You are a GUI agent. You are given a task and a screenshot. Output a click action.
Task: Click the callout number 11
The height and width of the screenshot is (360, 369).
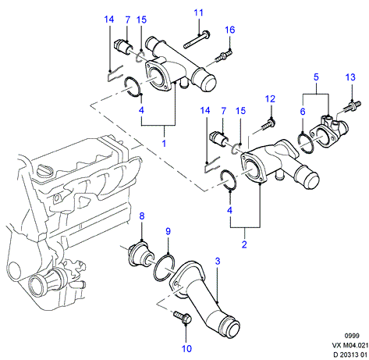pyautogui.click(x=198, y=12)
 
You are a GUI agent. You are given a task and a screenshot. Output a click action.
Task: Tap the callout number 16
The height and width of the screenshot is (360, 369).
pyautogui.click(x=230, y=30)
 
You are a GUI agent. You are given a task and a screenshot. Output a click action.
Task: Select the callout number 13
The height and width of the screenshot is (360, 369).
pyautogui.click(x=350, y=77)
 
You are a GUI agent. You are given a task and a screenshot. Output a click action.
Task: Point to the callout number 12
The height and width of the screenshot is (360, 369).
pyautogui.click(x=270, y=99)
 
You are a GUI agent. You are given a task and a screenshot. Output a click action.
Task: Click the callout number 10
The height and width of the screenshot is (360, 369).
pyautogui.click(x=186, y=348)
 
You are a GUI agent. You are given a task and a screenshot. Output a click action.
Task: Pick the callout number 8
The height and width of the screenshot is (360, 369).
pyautogui.click(x=142, y=216)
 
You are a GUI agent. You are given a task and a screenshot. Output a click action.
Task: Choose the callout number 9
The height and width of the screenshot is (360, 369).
pyautogui.click(x=169, y=231)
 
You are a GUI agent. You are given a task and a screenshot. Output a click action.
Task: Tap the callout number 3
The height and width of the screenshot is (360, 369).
pyautogui.click(x=218, y=261)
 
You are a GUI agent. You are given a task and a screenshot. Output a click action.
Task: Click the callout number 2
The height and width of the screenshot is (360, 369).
pyautogui.click(x=244, y=244)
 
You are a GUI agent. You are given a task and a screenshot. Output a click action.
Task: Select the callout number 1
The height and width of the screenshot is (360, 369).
pyautogui.click(x=164, y=143)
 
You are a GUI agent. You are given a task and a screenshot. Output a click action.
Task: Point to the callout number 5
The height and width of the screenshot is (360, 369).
pyautogui.click(x=316, y=77)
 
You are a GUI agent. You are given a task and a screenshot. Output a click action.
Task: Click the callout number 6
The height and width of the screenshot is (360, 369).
pyautogui.click(x=303, y=112)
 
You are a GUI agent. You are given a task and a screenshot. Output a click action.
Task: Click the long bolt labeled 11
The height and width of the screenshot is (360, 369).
pyautogui.click(x=197, y=40)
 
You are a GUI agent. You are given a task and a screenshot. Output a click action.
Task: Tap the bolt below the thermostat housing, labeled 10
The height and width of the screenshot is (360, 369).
pyautogui.click(x=183, y=318)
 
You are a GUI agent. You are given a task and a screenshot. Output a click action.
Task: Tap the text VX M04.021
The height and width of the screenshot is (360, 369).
pyautogui.click(x=350, y=345)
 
